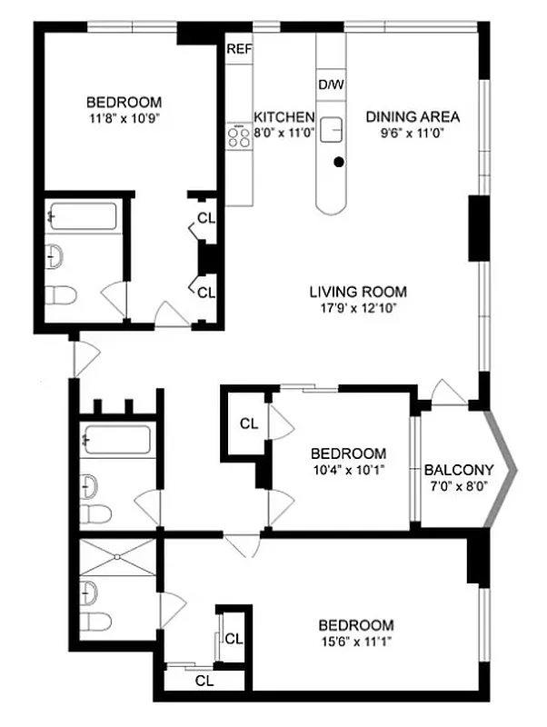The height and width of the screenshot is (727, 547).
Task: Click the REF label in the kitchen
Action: pos(239,49)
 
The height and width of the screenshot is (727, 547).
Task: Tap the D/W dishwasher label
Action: pos(330,85)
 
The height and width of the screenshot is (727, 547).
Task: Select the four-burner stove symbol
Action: pos(239,136)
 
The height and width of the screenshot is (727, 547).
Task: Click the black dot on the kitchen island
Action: pos(339,163)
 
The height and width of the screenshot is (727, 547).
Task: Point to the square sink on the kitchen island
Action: pos(331,129)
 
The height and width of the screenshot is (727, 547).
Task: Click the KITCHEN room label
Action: pos(283,117)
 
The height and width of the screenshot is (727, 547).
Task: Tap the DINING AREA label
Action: pos(413,116)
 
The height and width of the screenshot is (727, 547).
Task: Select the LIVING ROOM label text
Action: pos(358,292)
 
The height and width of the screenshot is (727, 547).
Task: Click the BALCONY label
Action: pos(459,470)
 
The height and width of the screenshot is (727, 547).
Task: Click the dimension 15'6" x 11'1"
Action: pos(356,641)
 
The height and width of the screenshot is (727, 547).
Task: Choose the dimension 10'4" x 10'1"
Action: pos(348,470)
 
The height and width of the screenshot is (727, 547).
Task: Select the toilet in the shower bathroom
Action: pos(95,622)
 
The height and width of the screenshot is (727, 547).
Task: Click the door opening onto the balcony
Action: pos(450,393)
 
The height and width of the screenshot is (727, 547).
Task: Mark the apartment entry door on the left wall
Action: pos(80,356)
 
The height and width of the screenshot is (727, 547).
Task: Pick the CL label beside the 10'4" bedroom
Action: pos(248,423)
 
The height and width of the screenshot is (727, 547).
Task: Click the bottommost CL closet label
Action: pos(204,680)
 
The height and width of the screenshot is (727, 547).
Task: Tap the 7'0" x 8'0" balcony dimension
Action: pos(459,486)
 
